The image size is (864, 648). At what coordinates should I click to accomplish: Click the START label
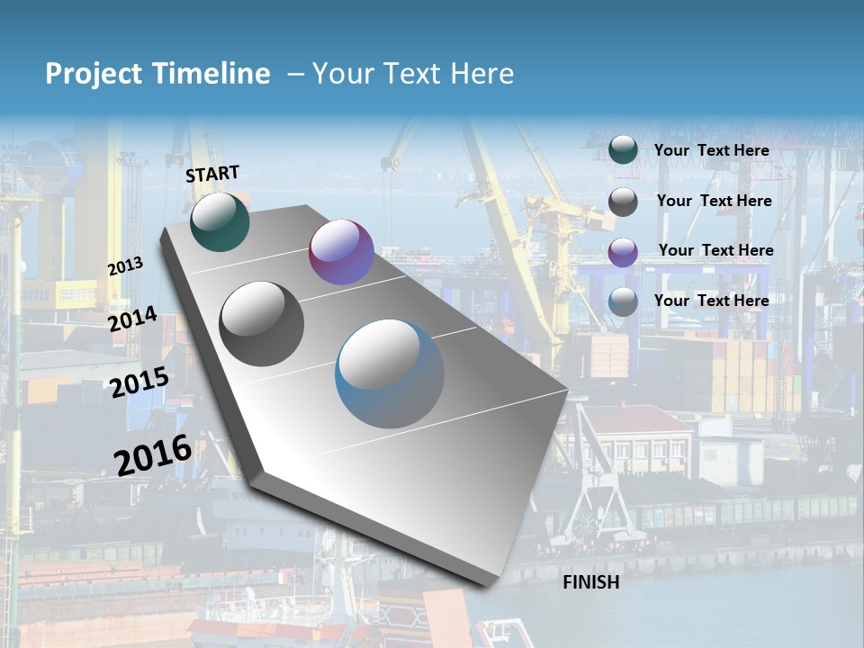coord(212,174)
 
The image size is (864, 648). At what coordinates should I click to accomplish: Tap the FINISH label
coord(591,582)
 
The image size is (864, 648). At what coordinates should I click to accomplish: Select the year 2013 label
coord(125,266)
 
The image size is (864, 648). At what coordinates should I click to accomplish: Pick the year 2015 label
coord(139,382)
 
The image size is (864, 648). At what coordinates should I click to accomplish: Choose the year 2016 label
coord(153,454)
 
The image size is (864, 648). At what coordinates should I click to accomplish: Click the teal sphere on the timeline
coord(220,222)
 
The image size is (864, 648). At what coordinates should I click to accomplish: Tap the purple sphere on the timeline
coord(341,252)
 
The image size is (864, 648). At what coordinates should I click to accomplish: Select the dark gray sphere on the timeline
coord(262,324)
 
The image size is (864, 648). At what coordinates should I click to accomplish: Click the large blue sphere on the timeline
coord(390,373)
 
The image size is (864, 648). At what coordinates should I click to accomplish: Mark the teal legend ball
coord(623,150)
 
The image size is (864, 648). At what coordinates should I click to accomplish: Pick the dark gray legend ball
coord(623,202)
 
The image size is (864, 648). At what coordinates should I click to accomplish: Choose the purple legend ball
coord(623,252)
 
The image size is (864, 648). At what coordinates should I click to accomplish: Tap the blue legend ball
coord(623,302)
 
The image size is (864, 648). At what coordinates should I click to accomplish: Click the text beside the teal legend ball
coord(712,150)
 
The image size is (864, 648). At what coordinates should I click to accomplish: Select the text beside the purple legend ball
coord(716,250)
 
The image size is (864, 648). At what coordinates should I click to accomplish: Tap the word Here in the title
coord(481,74)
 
